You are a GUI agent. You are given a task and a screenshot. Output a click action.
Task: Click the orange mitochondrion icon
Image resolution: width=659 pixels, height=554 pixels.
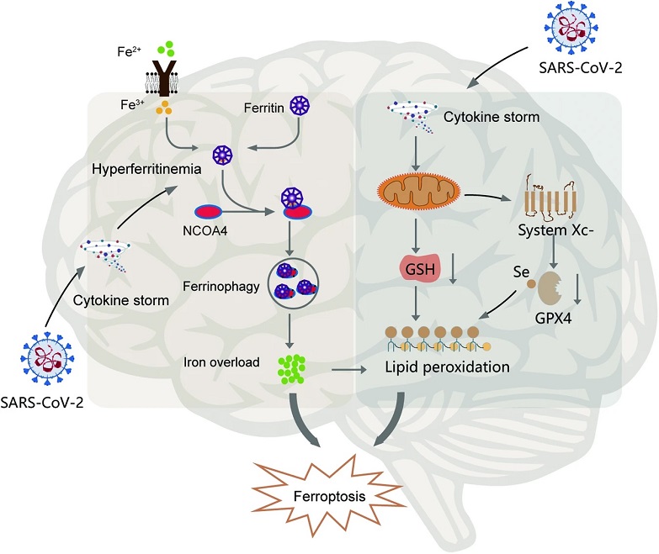419,192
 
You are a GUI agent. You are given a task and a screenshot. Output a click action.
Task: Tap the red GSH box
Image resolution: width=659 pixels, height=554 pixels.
420,269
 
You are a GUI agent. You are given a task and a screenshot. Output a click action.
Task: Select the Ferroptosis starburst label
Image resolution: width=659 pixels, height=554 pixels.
329,497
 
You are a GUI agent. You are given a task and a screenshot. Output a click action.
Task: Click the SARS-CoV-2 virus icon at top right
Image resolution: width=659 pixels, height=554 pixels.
571,28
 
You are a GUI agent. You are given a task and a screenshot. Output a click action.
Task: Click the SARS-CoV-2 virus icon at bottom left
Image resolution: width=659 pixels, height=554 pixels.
47,358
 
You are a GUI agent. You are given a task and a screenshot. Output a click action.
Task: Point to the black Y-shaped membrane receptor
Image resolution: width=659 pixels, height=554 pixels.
162,78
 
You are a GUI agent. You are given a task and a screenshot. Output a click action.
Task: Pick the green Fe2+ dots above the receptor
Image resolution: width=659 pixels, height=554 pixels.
166,48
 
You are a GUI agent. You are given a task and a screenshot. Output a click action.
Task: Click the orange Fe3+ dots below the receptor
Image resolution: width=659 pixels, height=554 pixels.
163,108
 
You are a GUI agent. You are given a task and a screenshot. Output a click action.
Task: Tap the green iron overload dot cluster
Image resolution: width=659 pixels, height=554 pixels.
291,369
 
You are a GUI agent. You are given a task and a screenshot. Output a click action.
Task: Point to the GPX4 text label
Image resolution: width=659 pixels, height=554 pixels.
553,318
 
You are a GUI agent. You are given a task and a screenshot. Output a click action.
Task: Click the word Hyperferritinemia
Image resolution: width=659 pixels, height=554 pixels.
146,169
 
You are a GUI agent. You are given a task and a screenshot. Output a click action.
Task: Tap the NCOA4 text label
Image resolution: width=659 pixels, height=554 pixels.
205,230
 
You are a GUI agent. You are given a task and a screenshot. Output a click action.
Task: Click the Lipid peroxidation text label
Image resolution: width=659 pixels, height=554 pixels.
447,367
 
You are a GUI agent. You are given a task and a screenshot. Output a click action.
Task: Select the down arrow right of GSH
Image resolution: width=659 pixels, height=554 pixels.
453,269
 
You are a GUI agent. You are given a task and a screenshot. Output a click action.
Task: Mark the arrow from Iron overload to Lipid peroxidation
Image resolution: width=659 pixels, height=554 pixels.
348,370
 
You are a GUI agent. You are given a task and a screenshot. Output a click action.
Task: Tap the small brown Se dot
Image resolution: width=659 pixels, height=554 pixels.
531,284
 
